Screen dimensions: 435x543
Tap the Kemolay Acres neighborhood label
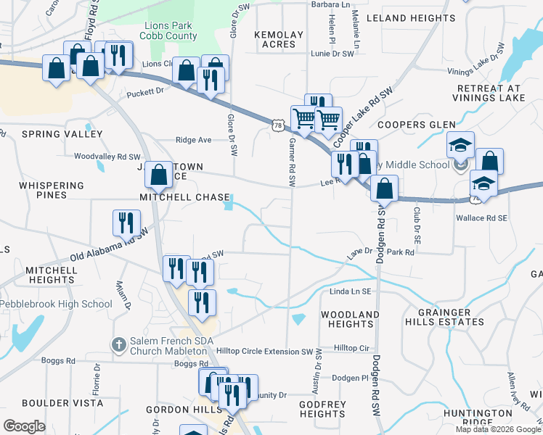[x=275, y=39]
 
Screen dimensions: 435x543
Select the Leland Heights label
[x=410, y=17]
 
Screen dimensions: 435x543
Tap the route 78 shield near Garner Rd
[x=278, y=125]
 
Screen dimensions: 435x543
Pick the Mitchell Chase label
[x=186, y=197]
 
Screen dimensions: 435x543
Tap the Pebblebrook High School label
[x=57, y=304]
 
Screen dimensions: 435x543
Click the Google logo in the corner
[x=24, y=426]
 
